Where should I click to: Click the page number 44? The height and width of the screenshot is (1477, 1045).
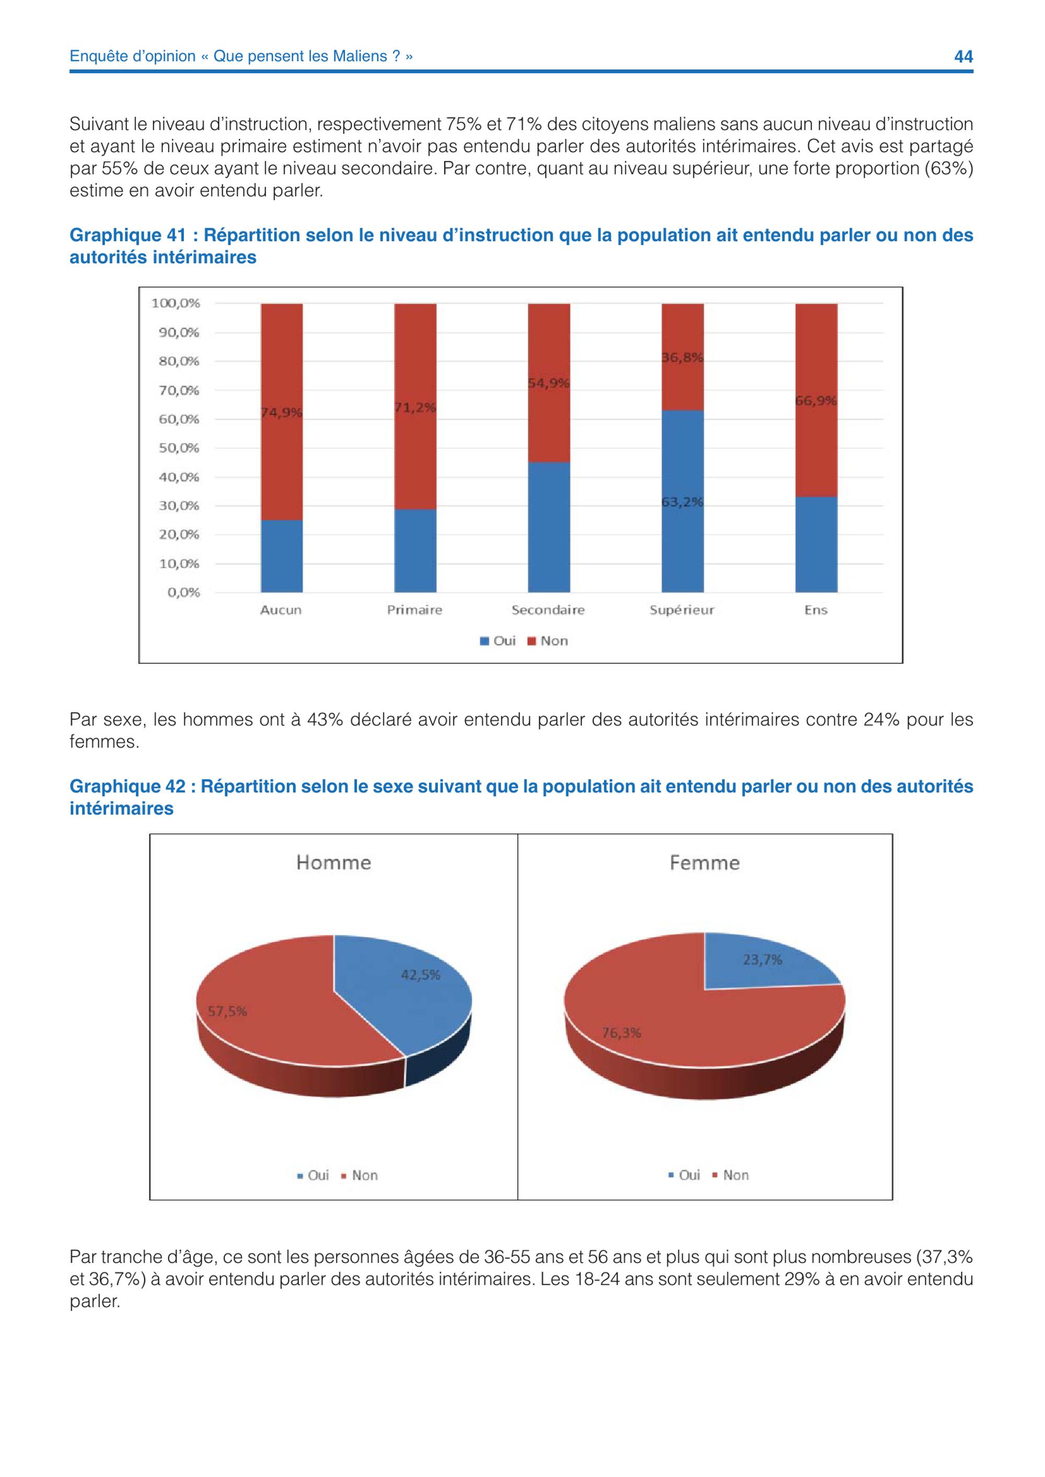pos(962,56)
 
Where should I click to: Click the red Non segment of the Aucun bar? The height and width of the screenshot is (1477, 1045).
pos(281,412)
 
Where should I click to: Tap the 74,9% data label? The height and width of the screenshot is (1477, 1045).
pos(281,413)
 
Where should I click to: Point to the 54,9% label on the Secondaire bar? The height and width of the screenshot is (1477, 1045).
pos(549,383)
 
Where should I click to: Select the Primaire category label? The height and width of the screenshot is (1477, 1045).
pos(414,610)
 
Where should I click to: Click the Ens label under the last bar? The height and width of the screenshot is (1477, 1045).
pos(816,610)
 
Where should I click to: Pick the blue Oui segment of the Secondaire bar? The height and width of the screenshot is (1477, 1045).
pos(549,527)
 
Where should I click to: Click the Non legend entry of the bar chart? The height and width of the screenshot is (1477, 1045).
pos(548,641)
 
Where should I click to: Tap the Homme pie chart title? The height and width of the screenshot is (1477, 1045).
pos(333,863)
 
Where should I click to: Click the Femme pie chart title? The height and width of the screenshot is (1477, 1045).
pos(705,863)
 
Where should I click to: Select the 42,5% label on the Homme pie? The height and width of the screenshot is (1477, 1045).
pos(421,975)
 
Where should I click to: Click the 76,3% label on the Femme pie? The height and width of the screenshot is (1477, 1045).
pos(622,1033)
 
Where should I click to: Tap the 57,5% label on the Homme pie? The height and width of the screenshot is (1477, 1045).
pos(227,1011)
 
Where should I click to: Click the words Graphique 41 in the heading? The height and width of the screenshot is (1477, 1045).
pos(127,236)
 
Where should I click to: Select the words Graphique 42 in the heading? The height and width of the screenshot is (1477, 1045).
pos(127,787)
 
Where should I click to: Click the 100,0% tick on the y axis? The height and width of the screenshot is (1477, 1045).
pos(176,303)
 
